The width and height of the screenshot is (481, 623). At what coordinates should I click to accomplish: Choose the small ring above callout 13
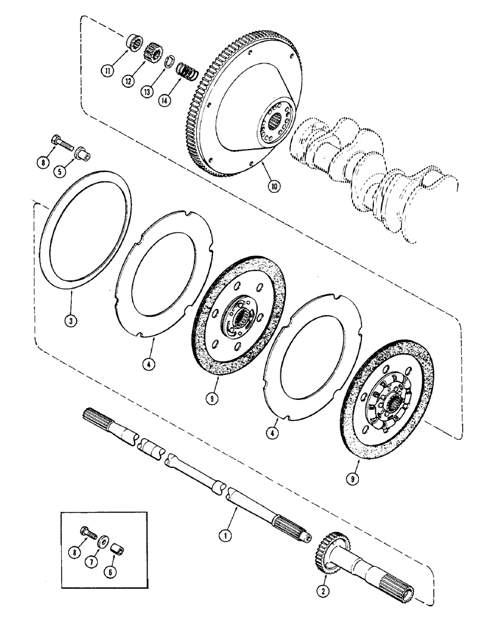coord(169,61)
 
